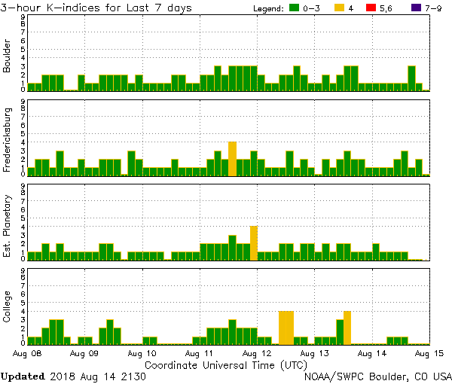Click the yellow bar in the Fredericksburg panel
pos(232,158)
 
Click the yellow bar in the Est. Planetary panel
pos(254,242)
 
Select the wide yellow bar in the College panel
pos(286,327)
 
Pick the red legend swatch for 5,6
pos(370,8)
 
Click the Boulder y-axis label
pos(8,55)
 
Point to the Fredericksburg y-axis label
pos(8,139)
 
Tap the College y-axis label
pos(8,309)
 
